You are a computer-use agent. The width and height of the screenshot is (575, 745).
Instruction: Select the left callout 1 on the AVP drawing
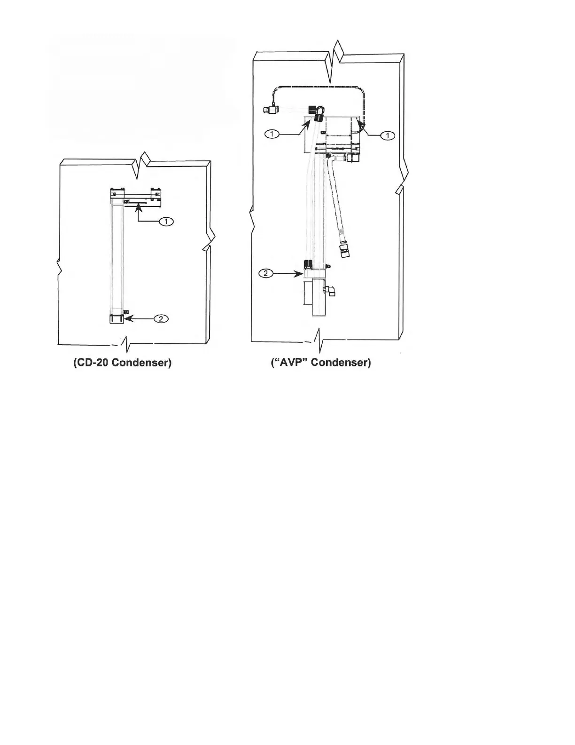[272, 135]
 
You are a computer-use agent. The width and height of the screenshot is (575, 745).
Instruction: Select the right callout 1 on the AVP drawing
[388, 136]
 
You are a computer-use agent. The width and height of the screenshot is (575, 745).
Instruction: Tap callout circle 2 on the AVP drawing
[266, 273]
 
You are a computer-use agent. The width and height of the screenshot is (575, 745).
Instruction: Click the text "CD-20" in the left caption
[91, 363]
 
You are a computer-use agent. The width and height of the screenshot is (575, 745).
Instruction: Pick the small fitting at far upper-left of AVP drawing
[270, 110]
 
